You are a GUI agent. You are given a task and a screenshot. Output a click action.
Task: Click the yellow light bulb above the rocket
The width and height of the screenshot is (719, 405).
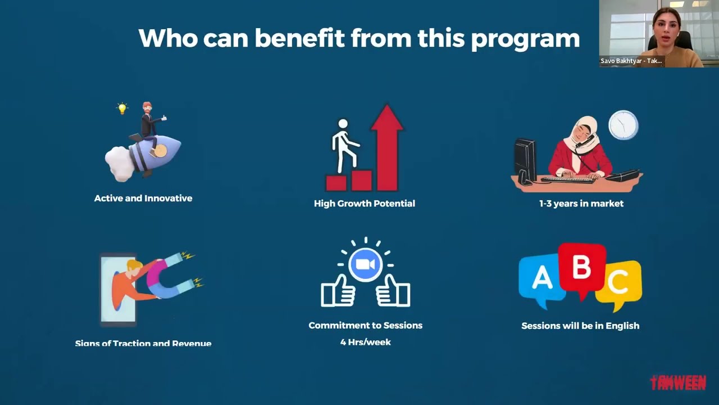[x=122, y=108]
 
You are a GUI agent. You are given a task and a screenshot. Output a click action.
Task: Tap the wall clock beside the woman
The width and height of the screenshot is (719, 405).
[x=624, y=125]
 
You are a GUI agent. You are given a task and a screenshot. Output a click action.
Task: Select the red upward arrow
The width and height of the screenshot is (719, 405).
[x=388, y=146]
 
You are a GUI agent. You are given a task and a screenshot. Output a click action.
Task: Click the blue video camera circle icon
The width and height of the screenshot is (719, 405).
[x=365, y=264]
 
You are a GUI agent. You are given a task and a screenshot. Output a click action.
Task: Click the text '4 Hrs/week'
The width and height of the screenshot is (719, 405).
[x=365, y=342]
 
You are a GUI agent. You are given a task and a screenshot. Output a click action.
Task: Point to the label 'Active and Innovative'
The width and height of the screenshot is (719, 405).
[x=143, y=198]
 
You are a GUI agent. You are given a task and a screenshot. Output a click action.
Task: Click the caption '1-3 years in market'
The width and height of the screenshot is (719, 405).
[x=581, y=204]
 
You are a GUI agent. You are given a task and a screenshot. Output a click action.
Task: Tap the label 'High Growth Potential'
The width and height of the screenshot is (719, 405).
[x=365, y=204]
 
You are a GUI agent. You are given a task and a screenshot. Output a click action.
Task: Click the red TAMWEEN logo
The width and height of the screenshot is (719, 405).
[x=678, y=383]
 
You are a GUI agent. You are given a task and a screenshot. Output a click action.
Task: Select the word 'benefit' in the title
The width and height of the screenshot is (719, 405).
[x=302, y=38]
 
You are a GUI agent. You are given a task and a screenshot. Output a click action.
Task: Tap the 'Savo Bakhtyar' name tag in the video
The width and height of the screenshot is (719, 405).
[x=631, y=61]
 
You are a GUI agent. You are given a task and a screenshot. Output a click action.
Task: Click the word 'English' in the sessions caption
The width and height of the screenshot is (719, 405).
[x=622, y=326]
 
